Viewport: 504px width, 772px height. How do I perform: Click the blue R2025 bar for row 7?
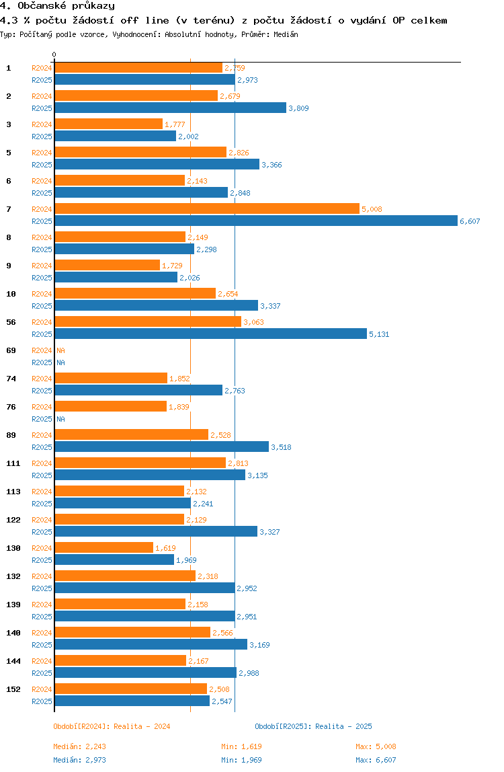point(255,221)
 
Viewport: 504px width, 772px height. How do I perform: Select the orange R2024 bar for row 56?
point(147,322)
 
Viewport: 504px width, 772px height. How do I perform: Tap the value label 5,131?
point(379,334)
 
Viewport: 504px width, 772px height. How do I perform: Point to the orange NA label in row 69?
point(60,350)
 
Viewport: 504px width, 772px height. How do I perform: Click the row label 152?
point(13,689)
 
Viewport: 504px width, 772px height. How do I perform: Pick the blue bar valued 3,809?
point(170,108)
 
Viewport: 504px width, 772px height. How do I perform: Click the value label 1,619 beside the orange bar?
point(165,548)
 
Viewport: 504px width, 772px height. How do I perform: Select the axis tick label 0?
point(54,54)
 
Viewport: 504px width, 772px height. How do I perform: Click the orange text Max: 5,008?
point(376,746)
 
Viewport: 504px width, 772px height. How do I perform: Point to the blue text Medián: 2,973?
point(80,760)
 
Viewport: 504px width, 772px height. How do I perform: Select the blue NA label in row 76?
point(60,419)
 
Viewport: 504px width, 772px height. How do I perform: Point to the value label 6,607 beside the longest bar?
point(470,221)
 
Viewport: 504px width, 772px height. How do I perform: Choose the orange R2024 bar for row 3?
point(108,124)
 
